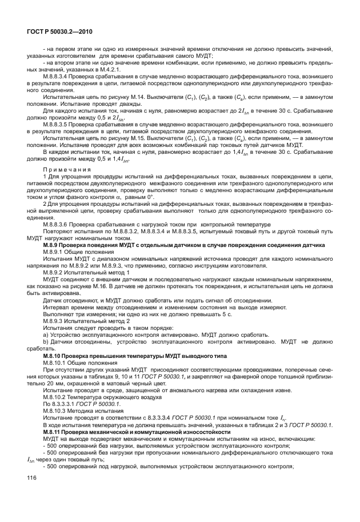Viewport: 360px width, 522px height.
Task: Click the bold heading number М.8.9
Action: [x=53, y=245]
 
